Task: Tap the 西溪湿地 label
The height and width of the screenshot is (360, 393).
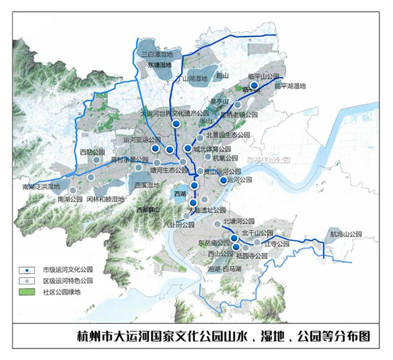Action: pos(146,185)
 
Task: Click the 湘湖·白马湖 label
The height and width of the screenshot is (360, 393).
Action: pos(225,269)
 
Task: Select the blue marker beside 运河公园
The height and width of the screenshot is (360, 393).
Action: pos(224,180)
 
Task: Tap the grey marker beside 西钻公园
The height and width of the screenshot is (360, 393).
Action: pos(96,160)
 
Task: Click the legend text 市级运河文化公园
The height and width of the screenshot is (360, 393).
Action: pos(67,269)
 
